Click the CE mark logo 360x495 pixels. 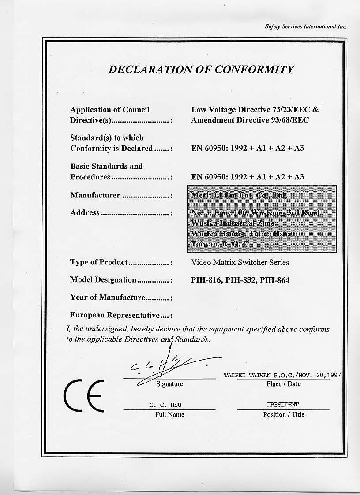[x=84, y=395]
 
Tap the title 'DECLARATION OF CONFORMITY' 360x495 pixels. [x=201, y=70]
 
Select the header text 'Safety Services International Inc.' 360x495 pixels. [x=305, y=26]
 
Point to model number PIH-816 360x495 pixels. [x=206, y=280]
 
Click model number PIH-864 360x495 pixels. [x=275, y=280]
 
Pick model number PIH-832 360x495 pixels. [x=240, y=280]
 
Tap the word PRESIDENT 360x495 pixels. [x=282, y=404]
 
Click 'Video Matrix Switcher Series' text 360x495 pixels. [x=240, y=262]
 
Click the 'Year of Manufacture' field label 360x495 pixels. [x=108, y=298]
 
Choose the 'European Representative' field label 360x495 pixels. [x=115, y=315]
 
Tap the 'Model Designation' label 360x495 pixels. [x=103, y=280]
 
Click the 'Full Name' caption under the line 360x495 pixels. [x=169, y=414]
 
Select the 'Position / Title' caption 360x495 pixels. [x=284, y=414]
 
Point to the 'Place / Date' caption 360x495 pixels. [x=283, y=384]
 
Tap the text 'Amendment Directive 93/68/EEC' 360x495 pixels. [x=250, y=120]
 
